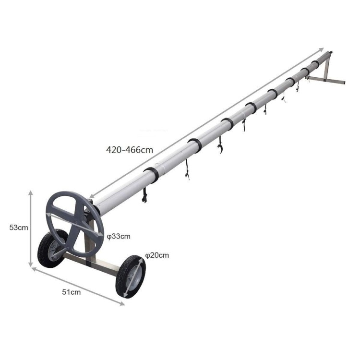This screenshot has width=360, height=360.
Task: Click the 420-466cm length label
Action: (129, 150)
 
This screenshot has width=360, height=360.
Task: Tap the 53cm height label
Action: (19, 228)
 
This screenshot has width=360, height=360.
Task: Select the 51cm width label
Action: (72, 292)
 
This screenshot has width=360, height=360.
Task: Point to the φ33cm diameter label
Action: (119, 236)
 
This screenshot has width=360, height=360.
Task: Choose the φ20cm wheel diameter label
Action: (157, 255)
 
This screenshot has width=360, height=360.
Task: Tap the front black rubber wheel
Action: (131, 276)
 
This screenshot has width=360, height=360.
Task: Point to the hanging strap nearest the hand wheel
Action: (144, 195)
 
